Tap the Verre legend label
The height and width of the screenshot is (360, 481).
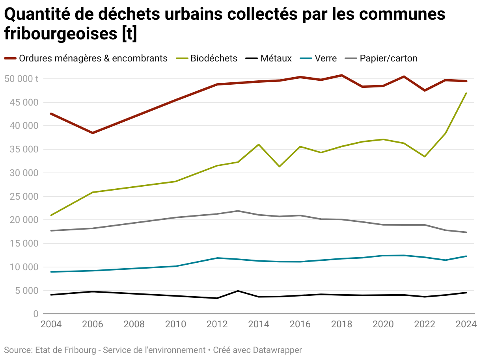(325, 58)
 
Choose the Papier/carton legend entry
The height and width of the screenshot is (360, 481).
(388, 58)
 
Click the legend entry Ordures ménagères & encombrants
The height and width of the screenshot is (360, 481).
(93, 58)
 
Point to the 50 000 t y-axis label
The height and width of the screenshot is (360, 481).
(22, 79)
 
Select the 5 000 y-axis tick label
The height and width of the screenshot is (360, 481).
(24, 291)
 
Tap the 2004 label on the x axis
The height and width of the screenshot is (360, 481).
(51, 325)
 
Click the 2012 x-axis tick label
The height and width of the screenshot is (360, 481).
(217, 325)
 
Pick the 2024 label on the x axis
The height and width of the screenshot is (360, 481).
(466, 325)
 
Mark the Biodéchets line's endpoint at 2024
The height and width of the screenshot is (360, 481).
(466, 93)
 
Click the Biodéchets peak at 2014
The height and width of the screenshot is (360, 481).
(259, 145)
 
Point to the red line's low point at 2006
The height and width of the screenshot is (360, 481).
(93, 133)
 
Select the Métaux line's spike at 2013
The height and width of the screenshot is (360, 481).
(238, 291)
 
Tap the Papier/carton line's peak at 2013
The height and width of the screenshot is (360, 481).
(238, 211)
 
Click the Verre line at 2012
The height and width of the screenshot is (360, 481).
(217, 258)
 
